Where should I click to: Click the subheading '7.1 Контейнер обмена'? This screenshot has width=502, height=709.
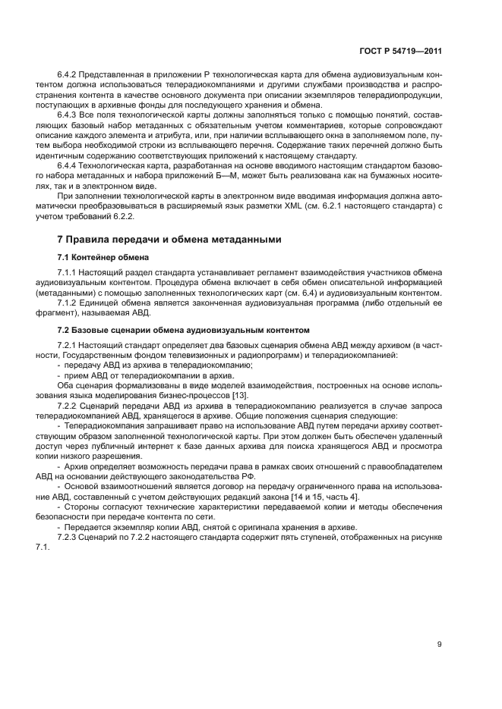(93, 257)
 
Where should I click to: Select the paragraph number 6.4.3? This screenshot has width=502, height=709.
(68, 113)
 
